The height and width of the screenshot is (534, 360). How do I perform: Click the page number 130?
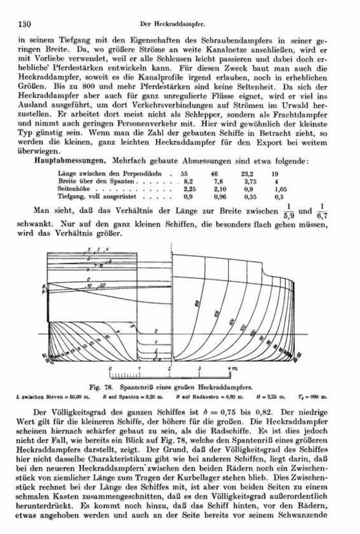(x=25, y=23)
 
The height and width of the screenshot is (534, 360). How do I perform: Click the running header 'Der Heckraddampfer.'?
(x=173, y=23)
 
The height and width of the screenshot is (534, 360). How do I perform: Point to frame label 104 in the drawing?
(x=231, y=322)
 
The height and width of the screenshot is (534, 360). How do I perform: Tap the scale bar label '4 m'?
(x=230, y=368)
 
